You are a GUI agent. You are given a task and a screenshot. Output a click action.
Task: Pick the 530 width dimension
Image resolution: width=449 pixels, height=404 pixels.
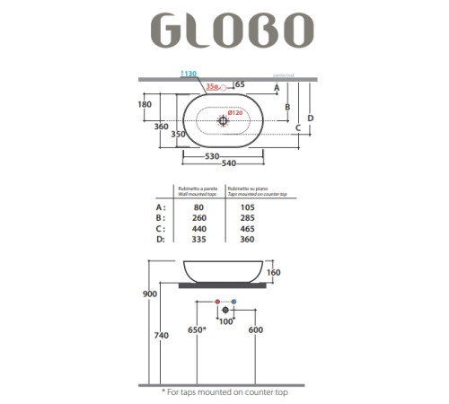click(x=212, y=156)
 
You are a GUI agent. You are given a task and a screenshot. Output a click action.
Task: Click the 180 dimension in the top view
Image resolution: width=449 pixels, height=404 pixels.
click(x=169, y=104)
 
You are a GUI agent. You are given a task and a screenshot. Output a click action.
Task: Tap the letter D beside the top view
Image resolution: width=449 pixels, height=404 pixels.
click(x=310, y=118)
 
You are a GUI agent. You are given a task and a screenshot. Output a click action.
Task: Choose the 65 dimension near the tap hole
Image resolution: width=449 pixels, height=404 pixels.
click(x=240, y=83)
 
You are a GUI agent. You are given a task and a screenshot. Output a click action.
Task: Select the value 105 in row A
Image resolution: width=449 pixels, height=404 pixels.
click(x=246, y=206)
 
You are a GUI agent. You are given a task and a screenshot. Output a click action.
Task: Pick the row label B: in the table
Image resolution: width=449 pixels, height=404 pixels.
click(x=161, y=217)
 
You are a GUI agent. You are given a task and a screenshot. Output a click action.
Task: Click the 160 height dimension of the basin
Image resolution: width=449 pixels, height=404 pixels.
click(x=273, y=272)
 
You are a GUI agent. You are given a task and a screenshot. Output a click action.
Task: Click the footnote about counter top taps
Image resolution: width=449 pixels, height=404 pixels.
click(x=224, y=391)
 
